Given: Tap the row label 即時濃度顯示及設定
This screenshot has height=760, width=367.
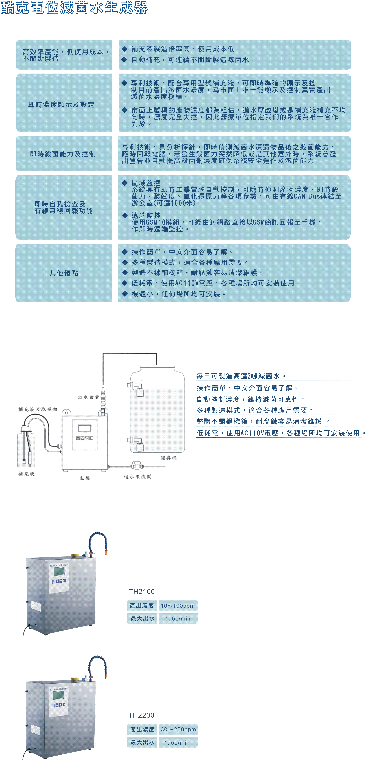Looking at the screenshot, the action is [61, 104].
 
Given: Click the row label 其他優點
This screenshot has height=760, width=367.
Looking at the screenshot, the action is [64, 273].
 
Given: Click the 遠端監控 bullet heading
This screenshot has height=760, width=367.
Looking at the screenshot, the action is [146, 215].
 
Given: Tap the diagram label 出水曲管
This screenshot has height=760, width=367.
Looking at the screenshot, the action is [89, 397].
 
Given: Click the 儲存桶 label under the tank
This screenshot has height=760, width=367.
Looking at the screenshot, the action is [169, 458].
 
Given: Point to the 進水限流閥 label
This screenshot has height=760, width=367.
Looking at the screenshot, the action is [138, 476].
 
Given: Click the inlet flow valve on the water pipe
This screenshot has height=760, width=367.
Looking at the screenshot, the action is [137, 466].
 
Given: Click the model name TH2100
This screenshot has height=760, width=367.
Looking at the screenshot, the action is [142, 592].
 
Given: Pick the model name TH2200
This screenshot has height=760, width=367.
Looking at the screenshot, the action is [141, 715].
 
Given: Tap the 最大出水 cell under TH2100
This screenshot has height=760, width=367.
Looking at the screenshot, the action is [142, 618].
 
